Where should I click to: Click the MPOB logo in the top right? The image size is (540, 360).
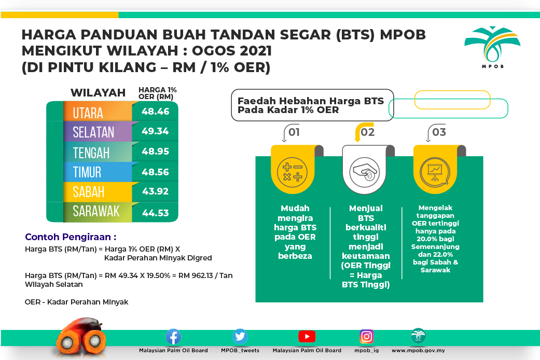click(492, 47)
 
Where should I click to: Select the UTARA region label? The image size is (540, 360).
click(88, 113)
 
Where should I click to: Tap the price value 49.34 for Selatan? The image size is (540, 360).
click(155, 131)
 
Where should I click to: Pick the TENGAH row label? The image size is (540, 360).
click(91, 153)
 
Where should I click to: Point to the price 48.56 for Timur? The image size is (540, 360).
click(155, 172)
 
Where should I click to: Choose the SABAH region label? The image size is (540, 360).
click(89, 192)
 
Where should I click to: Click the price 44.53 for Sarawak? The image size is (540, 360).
click(155, 213)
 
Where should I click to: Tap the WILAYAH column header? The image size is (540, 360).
click(98, 93)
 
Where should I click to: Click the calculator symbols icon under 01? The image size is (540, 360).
click(293, 172)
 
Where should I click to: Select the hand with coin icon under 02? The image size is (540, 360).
click(364, 172)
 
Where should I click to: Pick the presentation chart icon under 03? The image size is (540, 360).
click(435, 172)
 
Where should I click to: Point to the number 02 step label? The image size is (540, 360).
click(367, 132)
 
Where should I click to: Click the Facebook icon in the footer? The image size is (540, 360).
click(173, 337)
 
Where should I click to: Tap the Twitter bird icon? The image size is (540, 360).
click(240, 337)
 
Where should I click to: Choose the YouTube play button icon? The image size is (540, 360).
click(307, 337)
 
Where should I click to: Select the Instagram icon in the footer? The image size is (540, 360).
click(366, 337)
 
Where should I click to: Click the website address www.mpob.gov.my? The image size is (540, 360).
click(418, 351)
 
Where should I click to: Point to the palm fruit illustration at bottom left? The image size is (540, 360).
click(81, 338)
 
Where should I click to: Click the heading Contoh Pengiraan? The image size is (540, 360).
click(71, 237)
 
